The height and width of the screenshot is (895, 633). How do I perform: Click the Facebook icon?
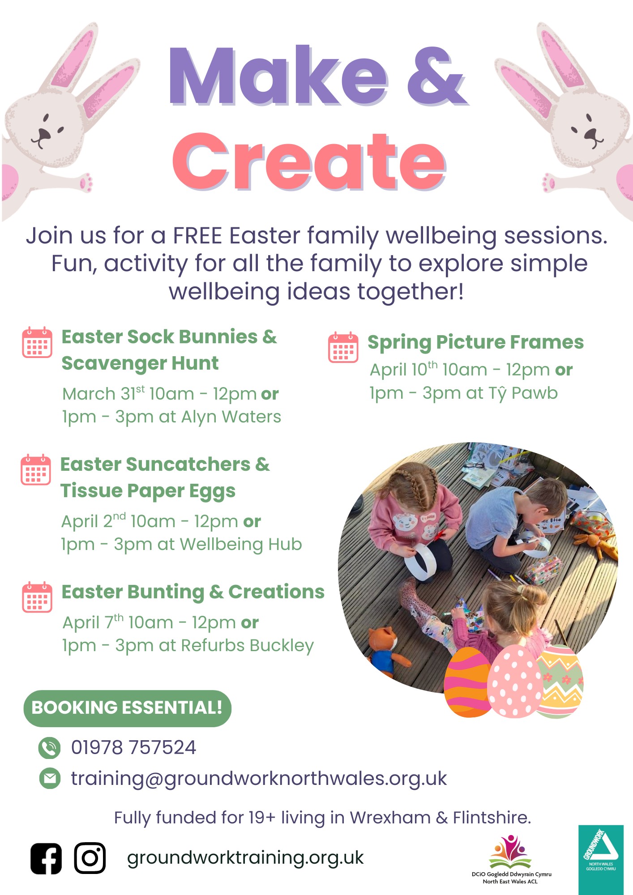pos(46,858)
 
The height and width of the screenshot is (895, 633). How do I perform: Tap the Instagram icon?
pos(90,858)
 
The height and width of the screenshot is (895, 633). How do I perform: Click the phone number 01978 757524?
pos(133,748)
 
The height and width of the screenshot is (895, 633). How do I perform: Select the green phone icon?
pos(49,748)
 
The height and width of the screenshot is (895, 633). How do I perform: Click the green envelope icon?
pos(50,778)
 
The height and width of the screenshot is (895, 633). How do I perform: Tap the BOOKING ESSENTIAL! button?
pos(127,708)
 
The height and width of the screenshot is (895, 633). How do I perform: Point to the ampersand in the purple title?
pos(436,76)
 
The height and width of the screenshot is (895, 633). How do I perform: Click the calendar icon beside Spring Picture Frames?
pos(343,347)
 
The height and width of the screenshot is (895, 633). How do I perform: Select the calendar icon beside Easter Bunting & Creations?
pos(37,597)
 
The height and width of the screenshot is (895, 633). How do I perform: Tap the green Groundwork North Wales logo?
pos(601,859)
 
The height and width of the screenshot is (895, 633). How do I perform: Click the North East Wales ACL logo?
pos(511,859)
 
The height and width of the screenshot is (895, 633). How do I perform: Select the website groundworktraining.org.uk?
pos(245,858)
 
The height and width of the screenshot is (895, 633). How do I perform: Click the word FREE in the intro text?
pos(198,236)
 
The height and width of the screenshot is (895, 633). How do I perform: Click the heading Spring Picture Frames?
pos(476,342)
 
